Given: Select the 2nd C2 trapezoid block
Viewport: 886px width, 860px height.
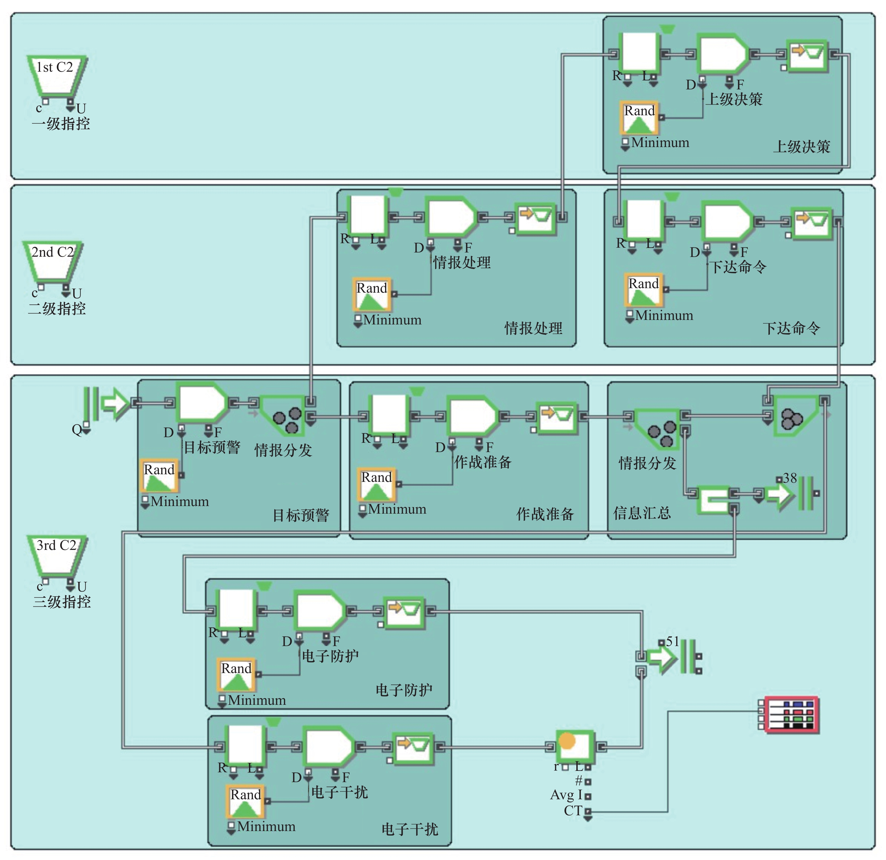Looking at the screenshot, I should click(52, 261).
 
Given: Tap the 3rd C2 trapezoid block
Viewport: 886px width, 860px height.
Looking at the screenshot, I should click(57, 555).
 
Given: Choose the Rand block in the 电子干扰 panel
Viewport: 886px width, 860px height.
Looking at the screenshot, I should click(246, 801).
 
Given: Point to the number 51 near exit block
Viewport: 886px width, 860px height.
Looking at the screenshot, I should click(673, 641).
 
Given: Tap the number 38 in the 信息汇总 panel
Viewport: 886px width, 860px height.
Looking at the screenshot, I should click(790, 478).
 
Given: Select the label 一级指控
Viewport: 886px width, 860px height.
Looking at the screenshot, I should click(60, 124).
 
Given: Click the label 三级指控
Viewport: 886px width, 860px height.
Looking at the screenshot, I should click(62, 602).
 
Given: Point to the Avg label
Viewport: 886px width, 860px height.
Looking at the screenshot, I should click(562, 795).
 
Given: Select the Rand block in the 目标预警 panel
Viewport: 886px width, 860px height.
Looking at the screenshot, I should click(159, 476).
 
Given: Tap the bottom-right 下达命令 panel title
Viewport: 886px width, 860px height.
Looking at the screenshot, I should click(791, 328).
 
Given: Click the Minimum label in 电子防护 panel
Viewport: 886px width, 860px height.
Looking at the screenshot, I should click(257, 700).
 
